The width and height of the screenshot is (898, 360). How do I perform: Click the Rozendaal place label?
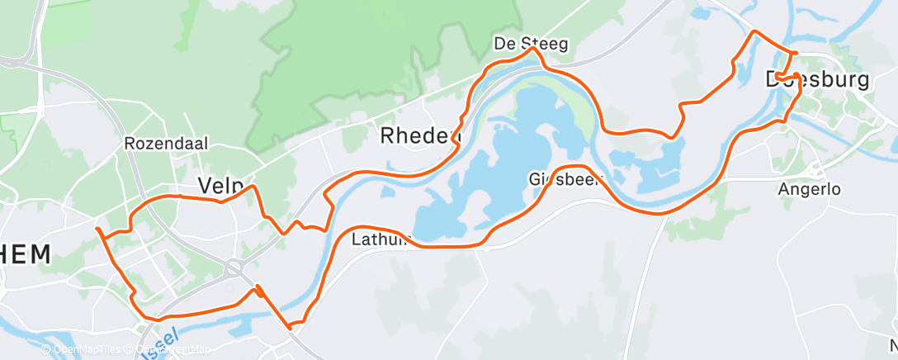coord(166,143)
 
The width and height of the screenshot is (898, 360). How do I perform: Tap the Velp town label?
coord(218,186)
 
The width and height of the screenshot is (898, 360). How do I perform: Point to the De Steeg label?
coord(531,43)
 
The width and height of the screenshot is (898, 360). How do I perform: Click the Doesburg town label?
coord(817,80)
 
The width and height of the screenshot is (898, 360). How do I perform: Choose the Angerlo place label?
coord(809,189)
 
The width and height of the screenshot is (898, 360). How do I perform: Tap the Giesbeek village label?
coord(566,178)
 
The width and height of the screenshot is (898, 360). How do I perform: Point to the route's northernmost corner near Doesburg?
coord(752,32)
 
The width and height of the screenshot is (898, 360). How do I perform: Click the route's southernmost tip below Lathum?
coord(291,328)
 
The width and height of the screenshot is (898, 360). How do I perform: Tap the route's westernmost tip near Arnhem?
coord(97,229)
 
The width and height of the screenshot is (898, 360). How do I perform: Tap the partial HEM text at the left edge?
coord(25,254)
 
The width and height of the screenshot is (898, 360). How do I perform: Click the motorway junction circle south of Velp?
coord(234,267)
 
